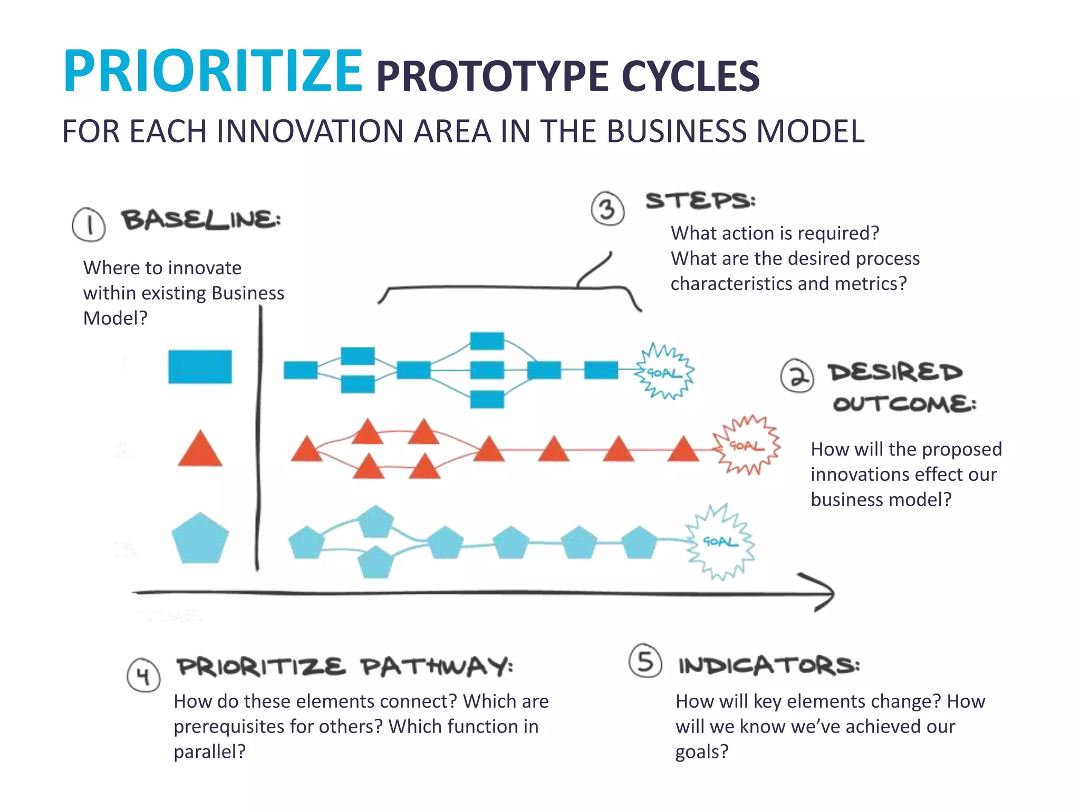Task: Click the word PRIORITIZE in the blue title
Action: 213,71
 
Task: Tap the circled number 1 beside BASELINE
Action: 89,225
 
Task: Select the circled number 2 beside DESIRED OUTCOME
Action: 797,376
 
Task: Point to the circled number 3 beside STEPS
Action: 607,209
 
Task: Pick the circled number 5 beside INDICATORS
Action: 645,661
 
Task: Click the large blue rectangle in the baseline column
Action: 200,367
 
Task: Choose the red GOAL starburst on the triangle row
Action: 746,446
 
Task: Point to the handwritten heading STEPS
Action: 700,201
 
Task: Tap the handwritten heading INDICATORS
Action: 768,666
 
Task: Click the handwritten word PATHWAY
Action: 436,667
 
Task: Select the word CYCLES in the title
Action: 690,76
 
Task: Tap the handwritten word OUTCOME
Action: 904,404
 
